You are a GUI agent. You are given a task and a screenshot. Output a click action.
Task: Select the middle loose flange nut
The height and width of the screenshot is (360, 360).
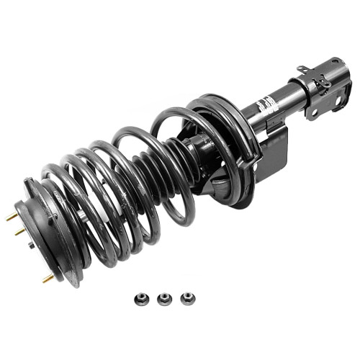(x=165, y=299)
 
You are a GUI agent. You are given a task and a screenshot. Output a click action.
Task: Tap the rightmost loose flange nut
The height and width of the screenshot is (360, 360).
(x=187, y=298)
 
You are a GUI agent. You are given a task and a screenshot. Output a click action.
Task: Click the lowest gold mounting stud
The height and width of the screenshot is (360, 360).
(x=48, y=277)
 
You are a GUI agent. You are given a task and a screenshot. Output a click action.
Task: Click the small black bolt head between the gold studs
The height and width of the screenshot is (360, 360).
(x=30, y=245)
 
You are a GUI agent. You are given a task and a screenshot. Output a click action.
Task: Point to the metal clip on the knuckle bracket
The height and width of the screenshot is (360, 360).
(x=324, y=84)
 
